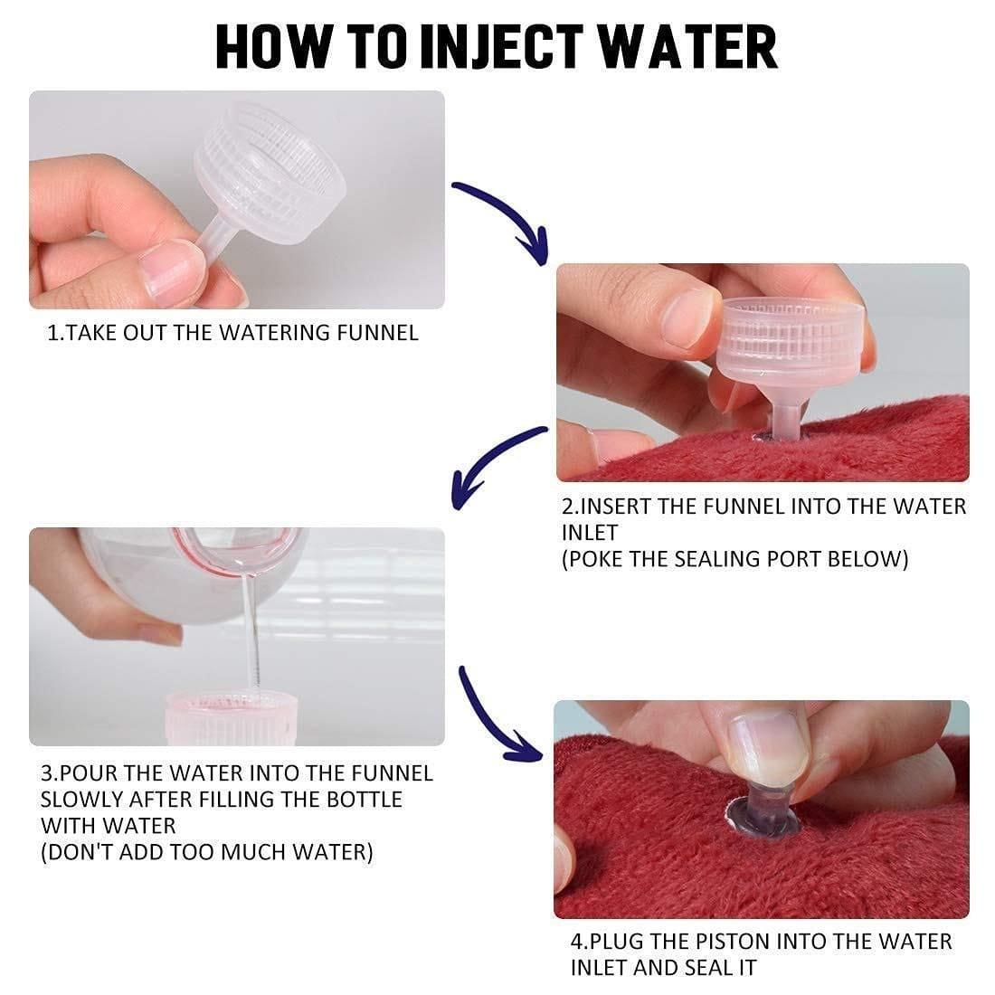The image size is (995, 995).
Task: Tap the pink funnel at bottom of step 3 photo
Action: click(x=237, y=719)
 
